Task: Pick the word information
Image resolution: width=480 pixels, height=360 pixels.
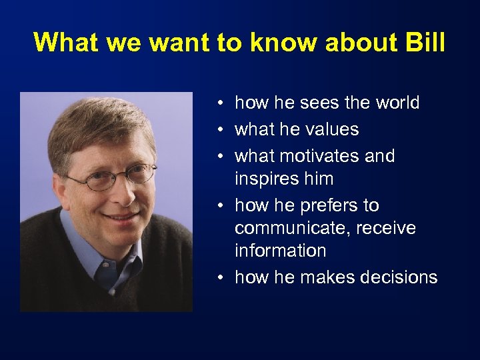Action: tap(281, 251)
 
